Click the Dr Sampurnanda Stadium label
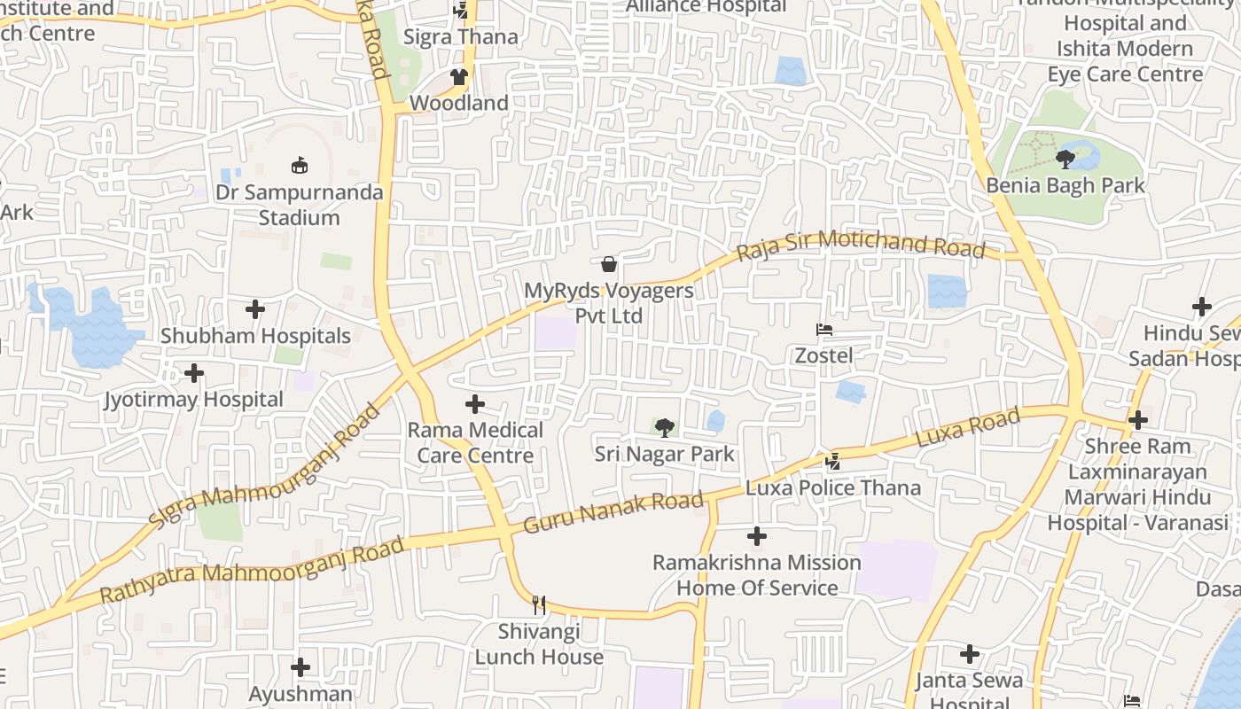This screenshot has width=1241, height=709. click(x=299, y=205)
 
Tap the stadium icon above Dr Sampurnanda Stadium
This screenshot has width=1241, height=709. click(x=300, y=165)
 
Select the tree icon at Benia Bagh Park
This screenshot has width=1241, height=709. click(x=1065, y=160)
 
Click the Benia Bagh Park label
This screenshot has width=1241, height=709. click(x=1065, y=186)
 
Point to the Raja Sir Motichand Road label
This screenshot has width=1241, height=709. click(x=861, y=244)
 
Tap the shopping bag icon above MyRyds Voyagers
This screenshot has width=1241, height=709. click(x=609, y=264)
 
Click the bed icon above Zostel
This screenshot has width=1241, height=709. click(x=824, y=330)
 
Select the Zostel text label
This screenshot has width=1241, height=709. click(x=823, y=356)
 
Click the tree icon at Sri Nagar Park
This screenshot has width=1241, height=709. click(x=664, y=429)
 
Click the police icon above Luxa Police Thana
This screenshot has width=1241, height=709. click(x=832, y=461)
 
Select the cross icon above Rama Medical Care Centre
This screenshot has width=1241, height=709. click(x=475, y=404)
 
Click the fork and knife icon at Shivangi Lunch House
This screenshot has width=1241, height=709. click(x=539, y=605)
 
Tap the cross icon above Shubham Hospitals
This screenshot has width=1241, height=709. click(x=255, y=309)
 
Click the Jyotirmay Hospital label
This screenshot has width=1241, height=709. click(x=193, y=400)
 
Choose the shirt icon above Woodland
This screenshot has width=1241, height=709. click(x=459, y=77)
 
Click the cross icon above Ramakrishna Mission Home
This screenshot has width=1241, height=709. click(x=757, y=536)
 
